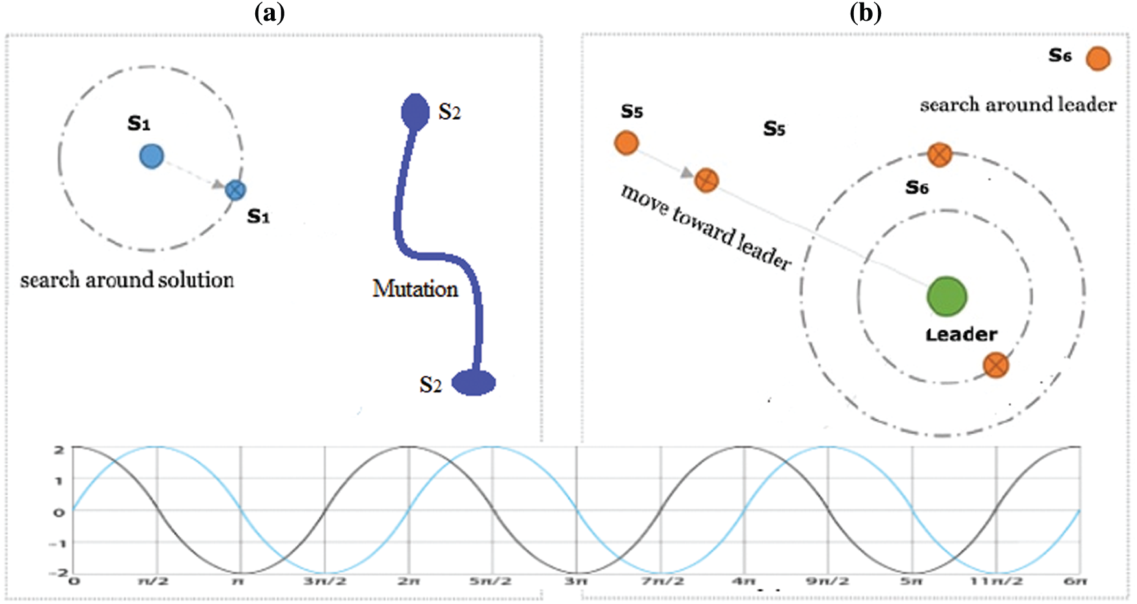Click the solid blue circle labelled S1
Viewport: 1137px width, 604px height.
pyautogui.click(x=152, y=157)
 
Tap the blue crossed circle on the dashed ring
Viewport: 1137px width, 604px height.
pyautogui.click(x=235, y=190)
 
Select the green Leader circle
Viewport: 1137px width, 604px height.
pyautogui.click(x=947, y=297)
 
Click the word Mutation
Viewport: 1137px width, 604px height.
pyautogui.click(x=415, y=289)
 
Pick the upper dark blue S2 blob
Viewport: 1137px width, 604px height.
pyautogui.click(x=415, y=111)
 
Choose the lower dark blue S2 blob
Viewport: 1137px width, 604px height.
pyautogui.click(x=474, y=383)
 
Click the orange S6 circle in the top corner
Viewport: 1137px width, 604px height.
pyautogui.click(x=1098, y=59)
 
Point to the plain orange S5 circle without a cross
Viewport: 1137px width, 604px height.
pyautogui.click(x=626, y=142)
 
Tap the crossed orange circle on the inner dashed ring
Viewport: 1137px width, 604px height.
pyautogui.click(x=996, y=365)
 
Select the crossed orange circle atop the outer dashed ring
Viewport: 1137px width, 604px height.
pyautogui.click(x=939, y=155)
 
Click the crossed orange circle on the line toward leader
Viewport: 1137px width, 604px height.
pyautogui.click(x=706, y=180)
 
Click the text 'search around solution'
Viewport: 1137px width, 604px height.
pyautogui.click(x=127, y=280)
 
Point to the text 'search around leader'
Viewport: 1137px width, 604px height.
pyautogui.click(x=1018, y=105)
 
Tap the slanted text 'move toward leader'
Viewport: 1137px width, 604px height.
pyautogui.click(x=706, y=227)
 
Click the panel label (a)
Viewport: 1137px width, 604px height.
pyautogui.click(x=270, y=13)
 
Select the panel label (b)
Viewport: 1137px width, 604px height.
pyautogui.click(x=865, y=13)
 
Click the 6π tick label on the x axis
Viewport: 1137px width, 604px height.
pyautogui.click(x=1075, y=581)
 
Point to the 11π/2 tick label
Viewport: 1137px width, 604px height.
pyautogui.click(x=996, y=581)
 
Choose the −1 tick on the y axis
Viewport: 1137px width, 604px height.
pyautogui.click(x=58, y=543)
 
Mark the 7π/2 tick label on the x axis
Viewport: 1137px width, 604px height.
pyautogui.click(x=662, y=581)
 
